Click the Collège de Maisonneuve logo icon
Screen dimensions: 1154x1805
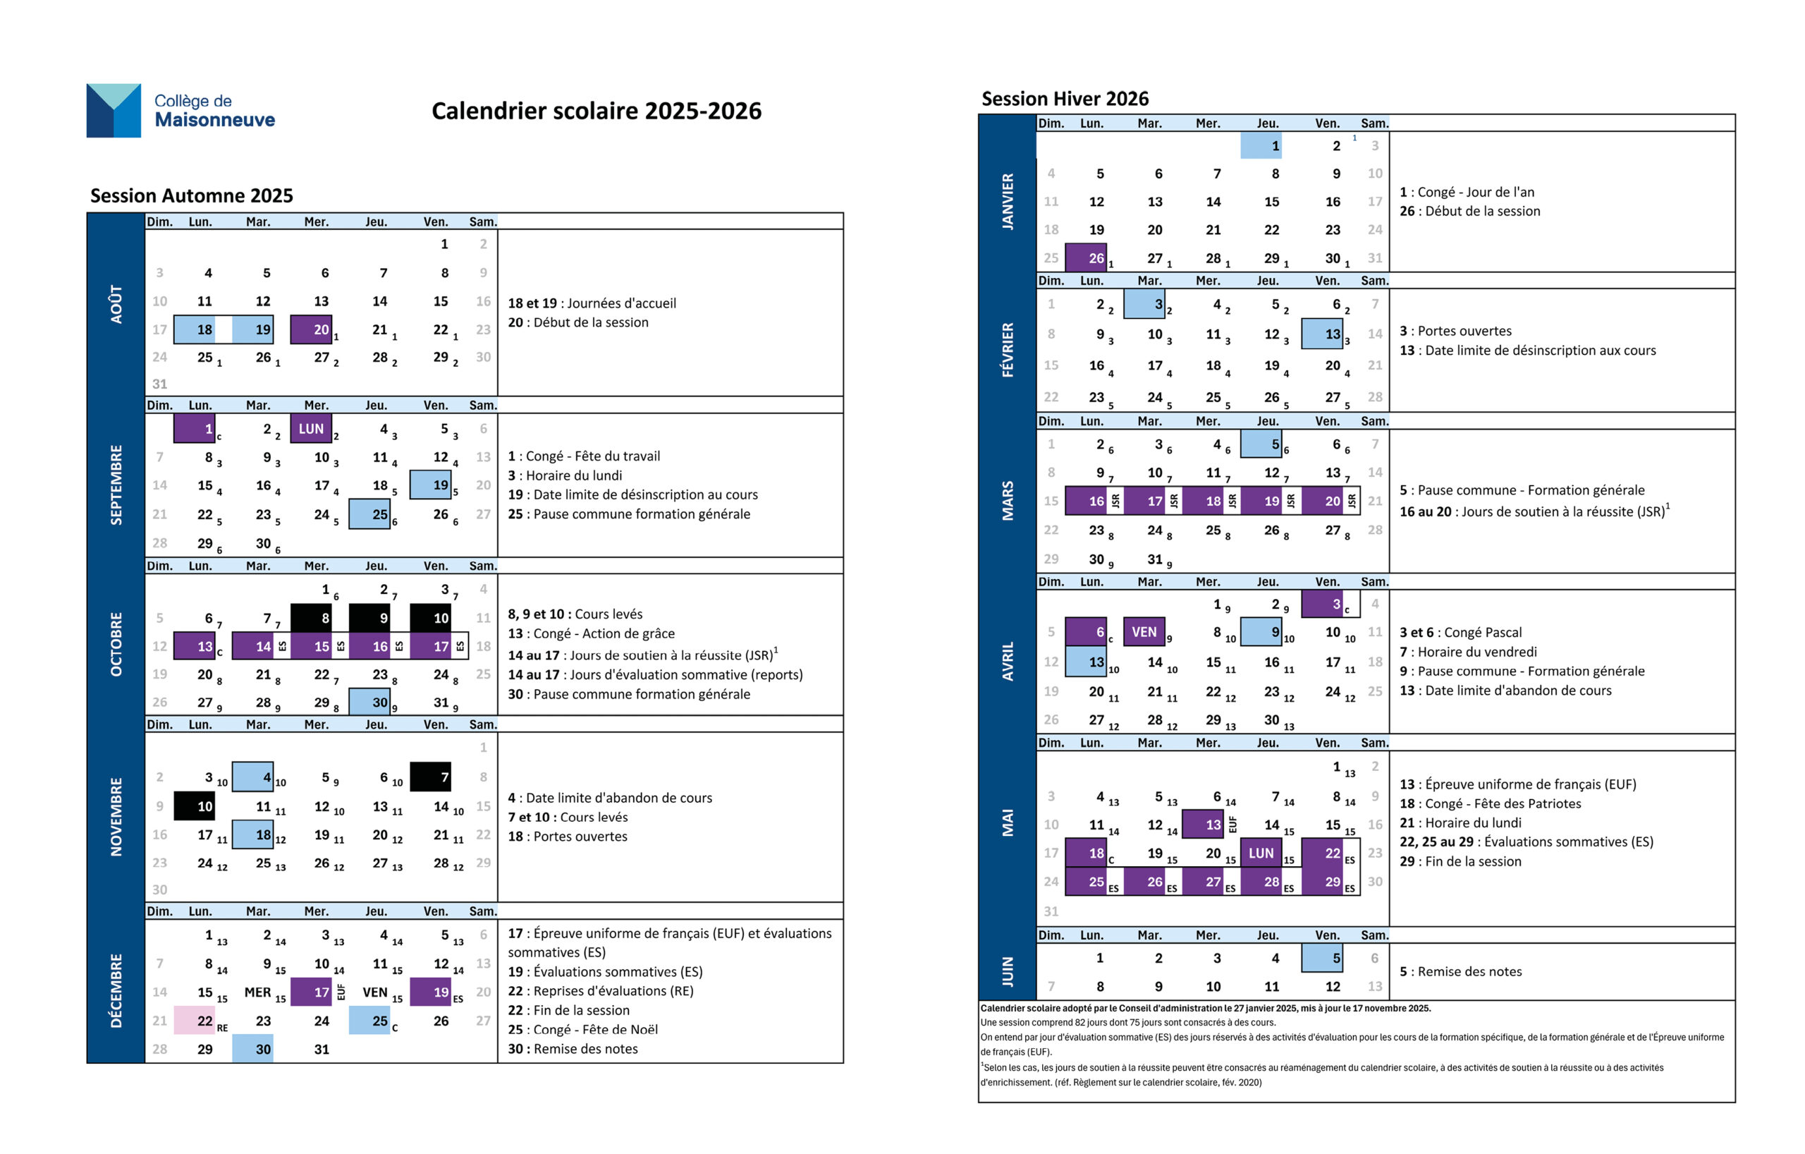114,110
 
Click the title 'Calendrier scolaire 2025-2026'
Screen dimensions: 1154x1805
596,111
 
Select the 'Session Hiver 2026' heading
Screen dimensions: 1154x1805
1065,99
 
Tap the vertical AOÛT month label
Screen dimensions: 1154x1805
116,304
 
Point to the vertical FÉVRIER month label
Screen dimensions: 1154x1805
1008,349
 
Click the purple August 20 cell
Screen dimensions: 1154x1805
310,329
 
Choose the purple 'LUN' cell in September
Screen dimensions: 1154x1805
310,429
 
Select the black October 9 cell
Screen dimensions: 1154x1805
369,618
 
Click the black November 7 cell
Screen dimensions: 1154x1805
430,777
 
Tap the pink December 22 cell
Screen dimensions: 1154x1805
195,1021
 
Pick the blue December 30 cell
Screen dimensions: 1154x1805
252,1049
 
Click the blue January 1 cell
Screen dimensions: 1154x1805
1261,145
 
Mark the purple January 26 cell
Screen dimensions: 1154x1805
1085,258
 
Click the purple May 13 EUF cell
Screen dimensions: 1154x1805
1202,824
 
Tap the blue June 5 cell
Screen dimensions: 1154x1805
1321,959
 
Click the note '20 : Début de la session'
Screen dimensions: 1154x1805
578,322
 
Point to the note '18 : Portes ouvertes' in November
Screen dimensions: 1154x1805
568,836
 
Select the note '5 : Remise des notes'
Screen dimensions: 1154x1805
1460,972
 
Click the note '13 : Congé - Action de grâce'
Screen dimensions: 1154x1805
591,633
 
